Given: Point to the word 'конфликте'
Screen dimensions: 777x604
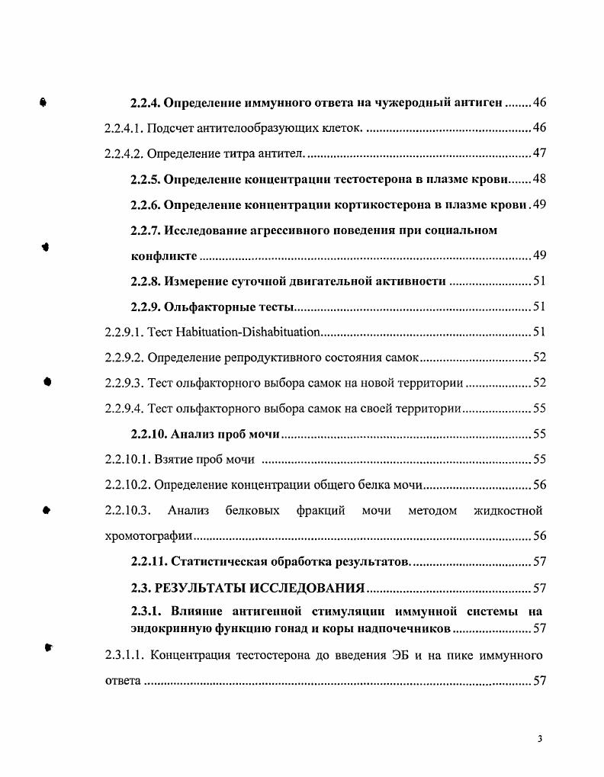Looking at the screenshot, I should [159, 255].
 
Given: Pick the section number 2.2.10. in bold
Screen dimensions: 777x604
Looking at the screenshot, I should [149, 434].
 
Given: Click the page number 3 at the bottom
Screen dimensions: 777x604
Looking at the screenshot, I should [539, 739].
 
